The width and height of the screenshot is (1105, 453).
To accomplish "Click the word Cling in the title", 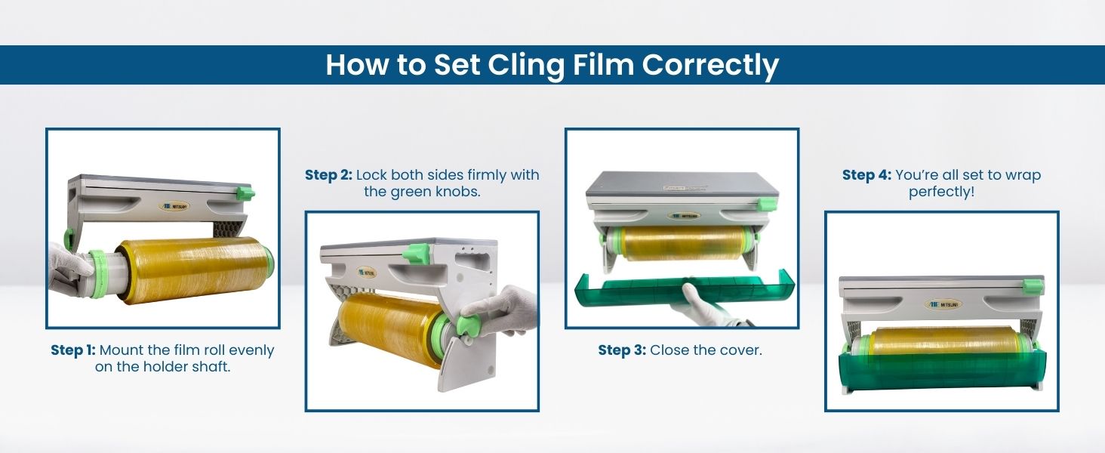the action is (525, 66).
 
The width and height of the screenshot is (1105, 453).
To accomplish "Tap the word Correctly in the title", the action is (710, 66).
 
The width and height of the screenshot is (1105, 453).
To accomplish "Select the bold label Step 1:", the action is (73, 350).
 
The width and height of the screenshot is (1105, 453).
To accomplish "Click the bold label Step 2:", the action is (328, 174).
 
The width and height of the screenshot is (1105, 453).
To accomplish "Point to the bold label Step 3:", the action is (622, 350).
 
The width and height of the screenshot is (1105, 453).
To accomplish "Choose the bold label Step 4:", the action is (866, 174).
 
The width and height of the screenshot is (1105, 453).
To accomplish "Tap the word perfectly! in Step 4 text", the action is (941, 192).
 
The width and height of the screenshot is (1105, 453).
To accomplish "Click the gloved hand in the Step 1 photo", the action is (69, 269).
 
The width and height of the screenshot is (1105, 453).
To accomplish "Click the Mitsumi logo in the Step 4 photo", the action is (943, 304).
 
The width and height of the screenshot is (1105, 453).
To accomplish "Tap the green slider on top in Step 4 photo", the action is (1033, 285).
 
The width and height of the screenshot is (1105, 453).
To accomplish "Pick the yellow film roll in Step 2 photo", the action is (389, 328).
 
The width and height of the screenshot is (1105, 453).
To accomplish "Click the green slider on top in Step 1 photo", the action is (245, 193).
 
